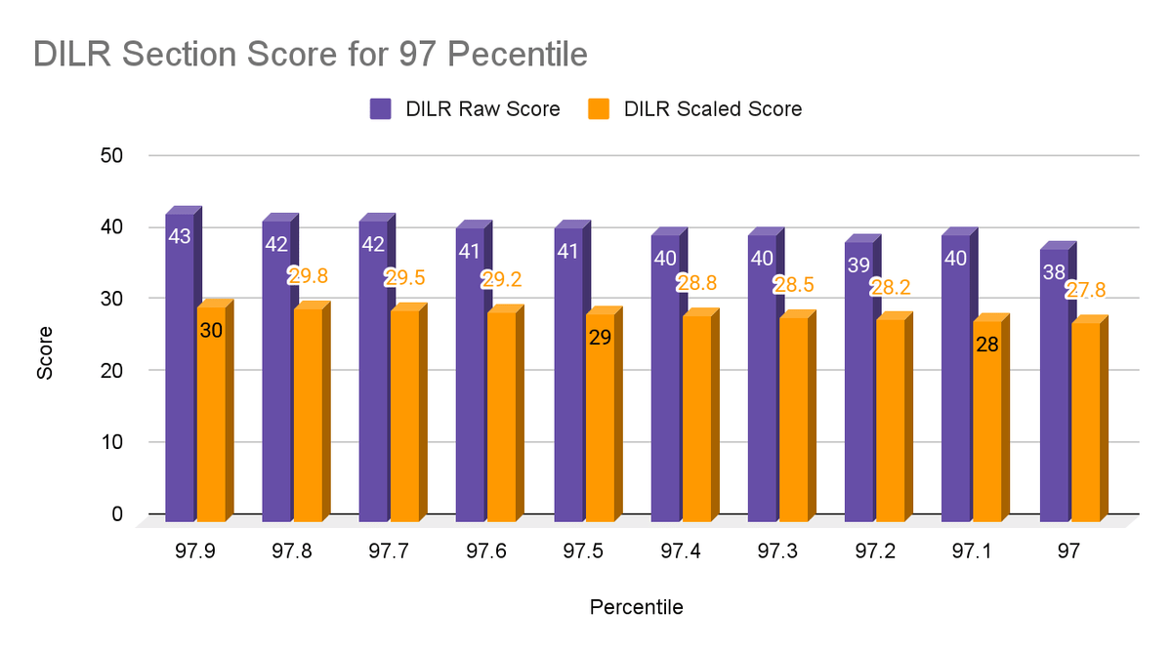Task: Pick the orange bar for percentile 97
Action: pos(1086,420)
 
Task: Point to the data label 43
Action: pos(179,236)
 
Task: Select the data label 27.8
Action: pos(1086,290)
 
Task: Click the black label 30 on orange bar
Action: pos(211,331)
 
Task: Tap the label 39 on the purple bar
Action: pos(858,265)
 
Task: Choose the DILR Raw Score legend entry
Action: pos(465,109)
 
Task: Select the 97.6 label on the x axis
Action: pos(485,551)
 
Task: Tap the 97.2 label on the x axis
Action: pos(873,551)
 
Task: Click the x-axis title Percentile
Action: pos(636,607)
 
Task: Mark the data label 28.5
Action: pos(793,285)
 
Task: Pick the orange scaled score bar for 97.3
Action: pos(794,420)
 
